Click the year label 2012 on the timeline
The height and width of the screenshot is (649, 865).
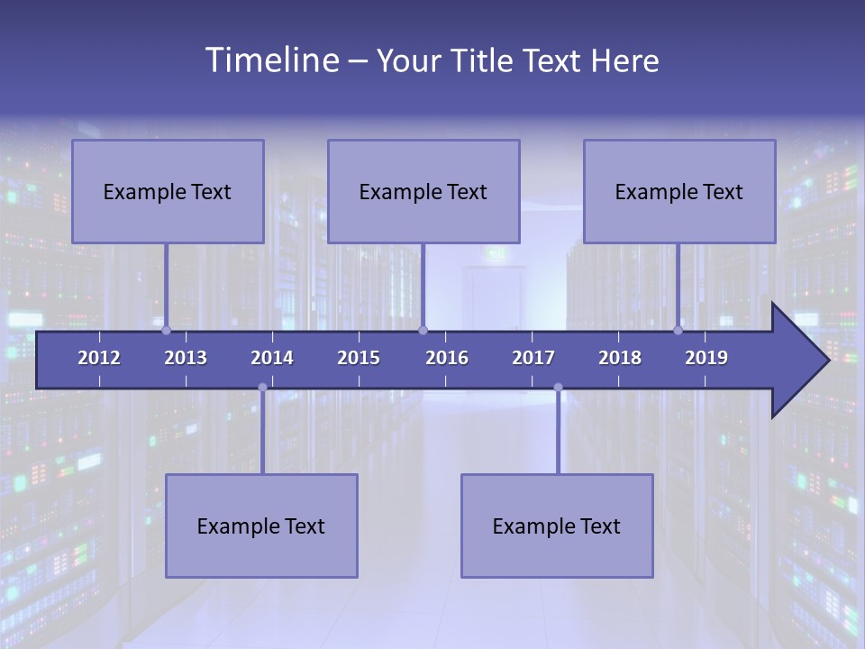point(99,358)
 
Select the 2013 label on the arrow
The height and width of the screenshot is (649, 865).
point(186,358)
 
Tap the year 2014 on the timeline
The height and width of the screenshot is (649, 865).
point(272,358)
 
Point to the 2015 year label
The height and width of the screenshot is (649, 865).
point(359,358)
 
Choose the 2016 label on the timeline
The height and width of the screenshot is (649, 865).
point(447,358)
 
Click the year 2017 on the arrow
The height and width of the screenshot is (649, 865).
point(533,358)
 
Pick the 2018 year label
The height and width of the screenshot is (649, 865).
point(620,358)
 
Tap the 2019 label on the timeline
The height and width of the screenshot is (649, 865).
point(706,358)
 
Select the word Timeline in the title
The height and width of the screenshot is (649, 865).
point(271,60)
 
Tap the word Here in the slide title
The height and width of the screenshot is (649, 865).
point(624,61)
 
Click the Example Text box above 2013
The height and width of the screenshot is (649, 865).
point(168,191)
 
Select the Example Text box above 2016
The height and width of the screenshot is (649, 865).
point(423,191)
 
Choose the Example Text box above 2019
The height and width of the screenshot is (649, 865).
point(679,191)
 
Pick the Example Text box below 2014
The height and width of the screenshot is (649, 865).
point(261,526)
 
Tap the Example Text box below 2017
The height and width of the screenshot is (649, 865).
point(557,526)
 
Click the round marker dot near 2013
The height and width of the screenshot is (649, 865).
point(166,330)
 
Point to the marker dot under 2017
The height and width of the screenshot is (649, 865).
point(558,388)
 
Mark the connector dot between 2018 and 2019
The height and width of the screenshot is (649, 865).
point(678,330)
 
